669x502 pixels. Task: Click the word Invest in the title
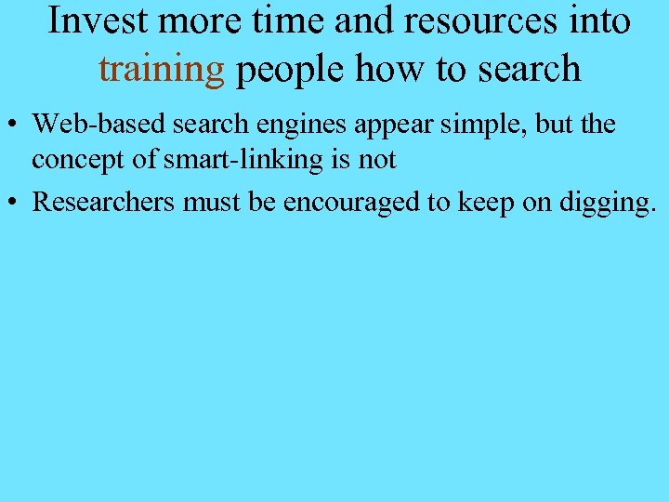[x=94, y=20]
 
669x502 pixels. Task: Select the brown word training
[x=162, y=69]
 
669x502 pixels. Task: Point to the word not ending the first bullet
[x=377, y=160]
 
